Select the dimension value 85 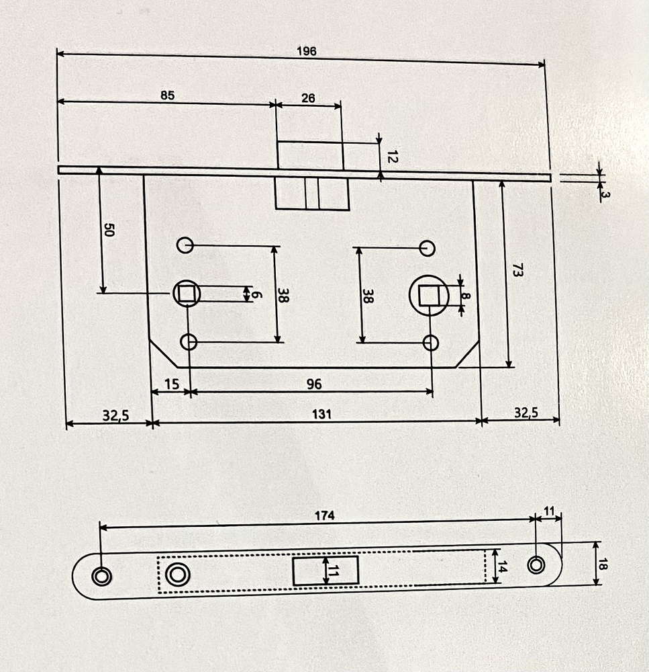[x=167, y=95]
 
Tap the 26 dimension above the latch [x=308, y=98]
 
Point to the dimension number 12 [x=393, y=158]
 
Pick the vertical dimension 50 [x=109, y=230]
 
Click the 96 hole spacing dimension [x=313, y=384]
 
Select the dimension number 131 [x=323, y=414]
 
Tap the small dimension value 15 [x=171, y=384]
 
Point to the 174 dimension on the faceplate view [x=324, y=515]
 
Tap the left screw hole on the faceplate [x=101, y=575]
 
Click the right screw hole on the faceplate [x=536, y=564]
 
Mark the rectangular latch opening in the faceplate [x=326, y=571]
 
